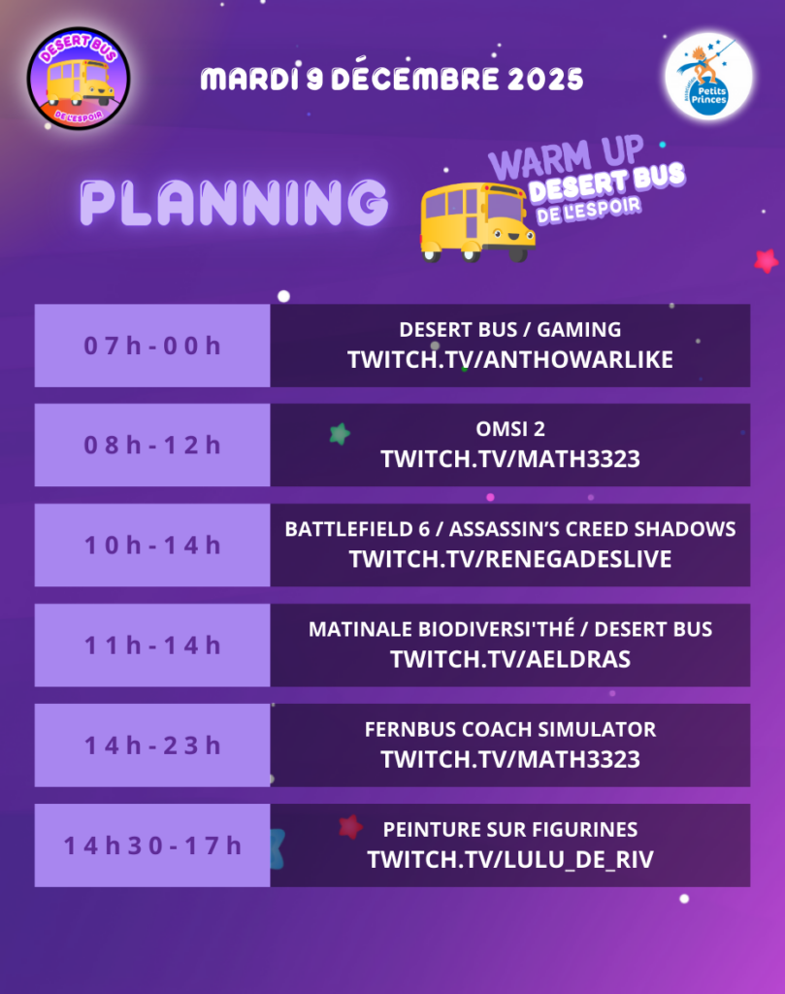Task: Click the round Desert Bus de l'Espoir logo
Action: [79, 79]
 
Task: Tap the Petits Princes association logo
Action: [708, 76]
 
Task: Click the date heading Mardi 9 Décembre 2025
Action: [392, 79]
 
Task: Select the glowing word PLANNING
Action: [234, 202]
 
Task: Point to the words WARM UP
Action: [567, 157]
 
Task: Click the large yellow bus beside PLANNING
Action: [477, 222]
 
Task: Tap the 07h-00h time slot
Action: [152, 346]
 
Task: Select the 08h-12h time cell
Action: [152, 445]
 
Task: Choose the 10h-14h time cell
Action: [152, 546]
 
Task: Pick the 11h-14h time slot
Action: [152, 646]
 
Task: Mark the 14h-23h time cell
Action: [152, 745]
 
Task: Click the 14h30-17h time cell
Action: [152, 845]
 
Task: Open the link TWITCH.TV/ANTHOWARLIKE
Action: [510, 360]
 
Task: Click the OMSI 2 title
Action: [510, 429]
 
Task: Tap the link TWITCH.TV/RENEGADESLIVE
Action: [510, 559]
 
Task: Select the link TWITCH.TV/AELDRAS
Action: [510, 659]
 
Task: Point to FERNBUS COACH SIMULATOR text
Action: [510, 730]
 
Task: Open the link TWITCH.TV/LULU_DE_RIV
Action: [510, 860]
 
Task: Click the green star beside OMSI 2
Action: [341, 434]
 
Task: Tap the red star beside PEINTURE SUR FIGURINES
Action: [350, 827]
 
